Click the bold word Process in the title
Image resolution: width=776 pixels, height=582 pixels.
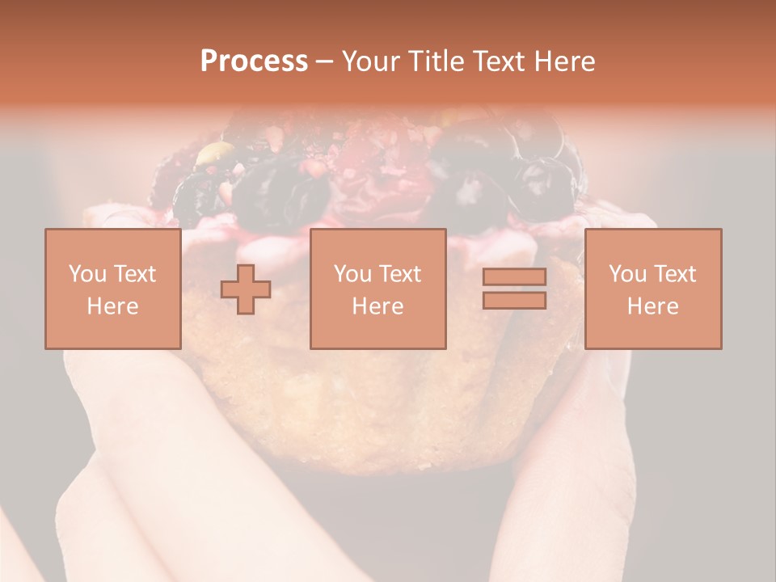click(x=254, y=61)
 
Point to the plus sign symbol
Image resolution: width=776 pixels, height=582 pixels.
click(x=246, y=289)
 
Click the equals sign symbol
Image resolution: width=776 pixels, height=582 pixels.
click(x=514, y=289)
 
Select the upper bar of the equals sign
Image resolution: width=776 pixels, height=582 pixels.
click(x=514, y=277)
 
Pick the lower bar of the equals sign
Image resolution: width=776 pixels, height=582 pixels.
click(x=514, y=301)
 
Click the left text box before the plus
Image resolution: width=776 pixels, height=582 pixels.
click(x=112, y=289)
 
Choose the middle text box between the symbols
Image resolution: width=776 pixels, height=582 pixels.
click(x=377, y=289)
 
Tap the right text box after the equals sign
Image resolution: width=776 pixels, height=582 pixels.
click(x=652, y=289)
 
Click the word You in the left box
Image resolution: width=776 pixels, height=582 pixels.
click(x=86, y=274)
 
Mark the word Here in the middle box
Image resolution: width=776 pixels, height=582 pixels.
click(x=377, y=306)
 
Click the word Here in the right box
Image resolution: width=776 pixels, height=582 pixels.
click(x=652, y=306)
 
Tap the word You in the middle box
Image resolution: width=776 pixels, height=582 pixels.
click(x=352, y=274)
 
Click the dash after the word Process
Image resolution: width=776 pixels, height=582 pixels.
click(x=324, y=61)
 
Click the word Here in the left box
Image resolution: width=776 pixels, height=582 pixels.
click(x=112, y=306)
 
